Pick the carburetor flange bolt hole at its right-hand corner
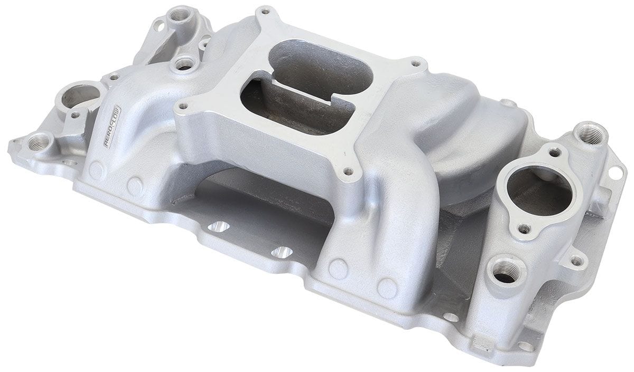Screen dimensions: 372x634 pos(416,64)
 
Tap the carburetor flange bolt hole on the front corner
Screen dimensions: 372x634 pos(347,171)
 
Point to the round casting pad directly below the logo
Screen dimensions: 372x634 pos(96,170)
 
